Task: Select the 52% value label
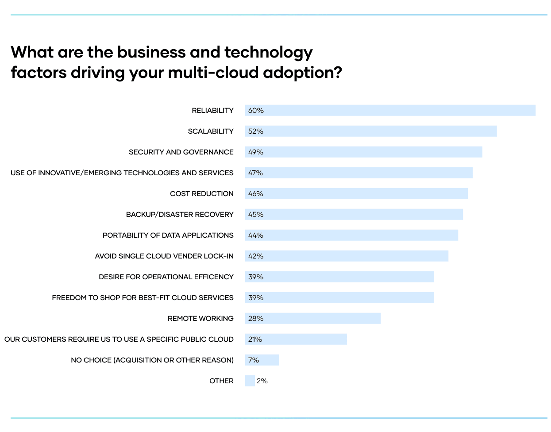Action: pos(256,131)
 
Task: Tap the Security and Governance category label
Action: pos(181,152)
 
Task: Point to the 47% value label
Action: pos(256,173)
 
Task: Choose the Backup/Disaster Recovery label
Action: pos(180,215)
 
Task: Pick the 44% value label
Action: pos(256,235)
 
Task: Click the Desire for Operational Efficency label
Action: pos(166,277)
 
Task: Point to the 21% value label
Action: pos(255,339)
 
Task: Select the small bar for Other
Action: pos(250,381)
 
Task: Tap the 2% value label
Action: pos(262,381)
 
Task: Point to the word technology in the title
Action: pos(269,52)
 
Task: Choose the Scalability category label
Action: pos(211,131)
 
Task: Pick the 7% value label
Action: pos(254,360)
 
